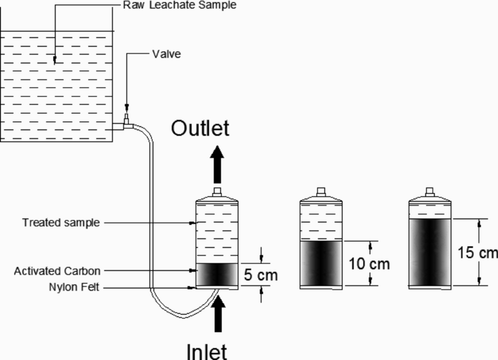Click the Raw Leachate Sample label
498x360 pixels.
coord(180,5)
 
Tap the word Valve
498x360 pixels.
coord(166,54)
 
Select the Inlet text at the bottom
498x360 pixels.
coord(206,351)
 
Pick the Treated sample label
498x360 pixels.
coord(61,223)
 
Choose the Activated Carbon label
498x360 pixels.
coord(57,271)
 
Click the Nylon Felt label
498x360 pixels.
coord(74,287)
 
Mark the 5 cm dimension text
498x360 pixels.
coord(261,275)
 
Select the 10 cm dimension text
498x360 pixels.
coord(369,264)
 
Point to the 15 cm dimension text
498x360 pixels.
coord(477,252)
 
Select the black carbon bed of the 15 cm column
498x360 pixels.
coord(430,252)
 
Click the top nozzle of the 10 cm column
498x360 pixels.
coord(321,192)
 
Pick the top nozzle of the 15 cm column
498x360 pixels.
coord(430,192)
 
